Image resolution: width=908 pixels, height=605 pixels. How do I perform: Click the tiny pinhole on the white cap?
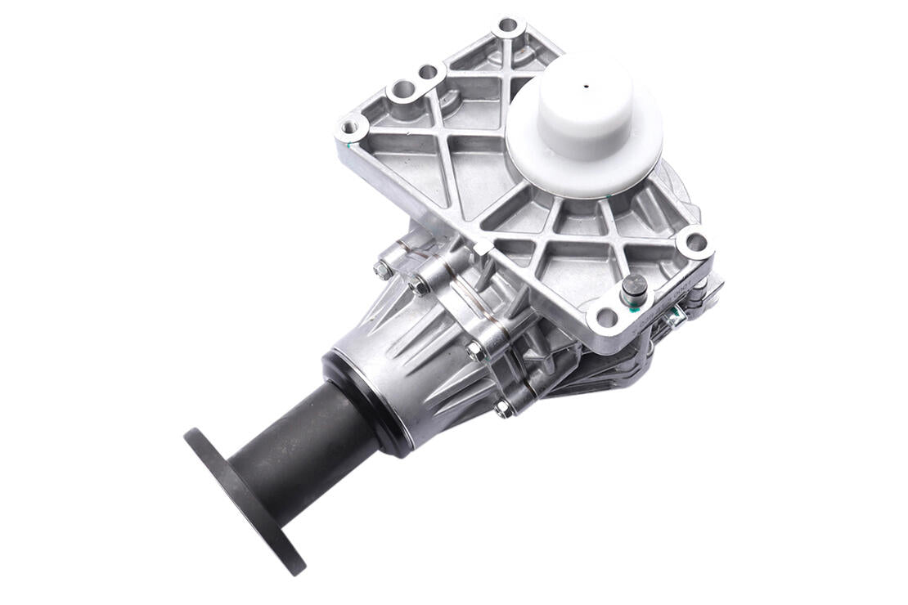pos(587,84)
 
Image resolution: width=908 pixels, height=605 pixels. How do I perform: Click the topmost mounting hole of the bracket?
pos(508,25)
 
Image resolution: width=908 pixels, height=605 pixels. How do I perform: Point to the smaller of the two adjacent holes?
pos(429,73)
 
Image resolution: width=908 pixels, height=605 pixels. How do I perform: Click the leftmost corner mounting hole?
pos(351,128)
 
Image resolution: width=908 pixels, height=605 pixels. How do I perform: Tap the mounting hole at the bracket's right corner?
pos(695,242)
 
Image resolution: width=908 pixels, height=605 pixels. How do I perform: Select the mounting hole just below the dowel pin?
pos(606,317)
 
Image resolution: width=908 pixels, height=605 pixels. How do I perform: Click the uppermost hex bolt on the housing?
pos(381,269)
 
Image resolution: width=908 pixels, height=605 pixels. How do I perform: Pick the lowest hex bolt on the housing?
pos(502,409)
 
